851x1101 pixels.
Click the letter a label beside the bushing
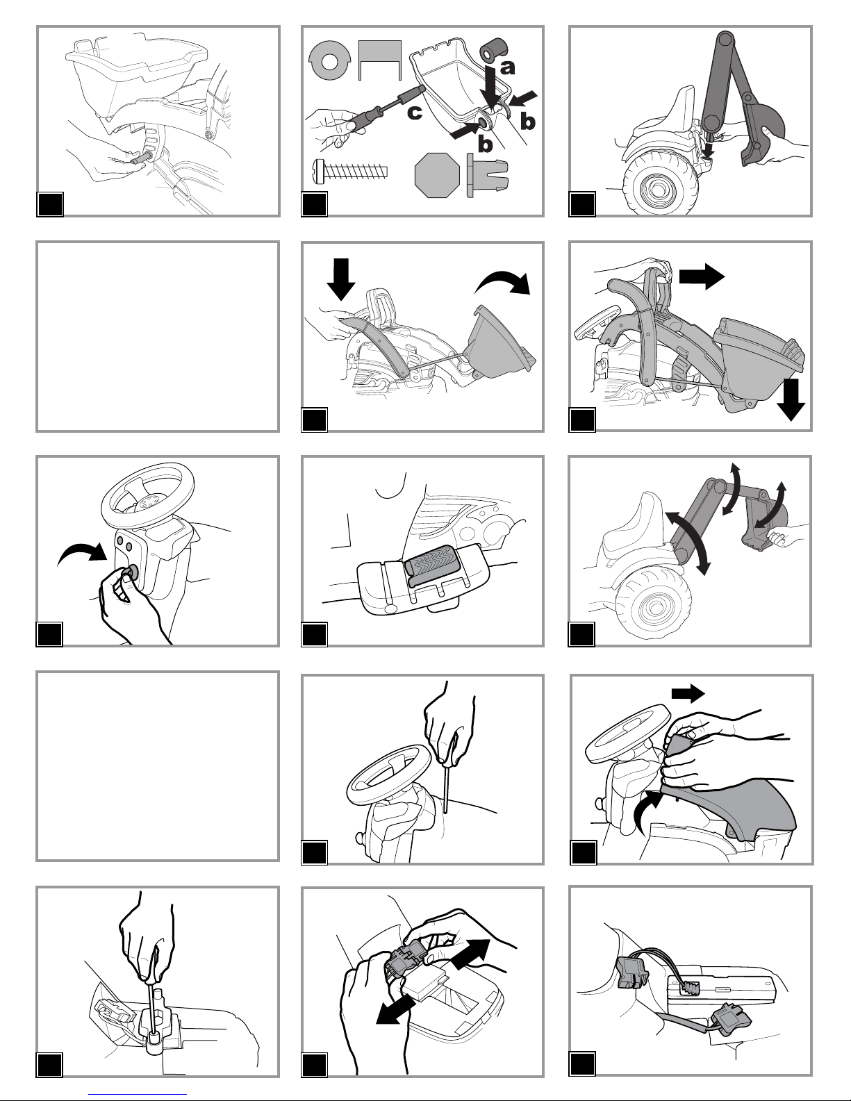tap(508, 67)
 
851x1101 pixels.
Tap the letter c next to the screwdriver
tap(415, 113)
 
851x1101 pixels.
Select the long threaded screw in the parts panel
tap(351, 169)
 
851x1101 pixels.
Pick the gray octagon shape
tap(437, 175)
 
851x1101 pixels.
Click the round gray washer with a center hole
tap(330, 60)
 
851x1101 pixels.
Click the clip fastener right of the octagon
tap(487, 175)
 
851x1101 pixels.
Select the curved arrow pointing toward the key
tap(81, 554)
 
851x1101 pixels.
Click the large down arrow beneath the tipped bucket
tap(791, 400)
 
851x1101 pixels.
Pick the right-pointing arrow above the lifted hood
tap(688, 694)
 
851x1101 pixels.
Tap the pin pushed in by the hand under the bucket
tap(141, 158)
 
